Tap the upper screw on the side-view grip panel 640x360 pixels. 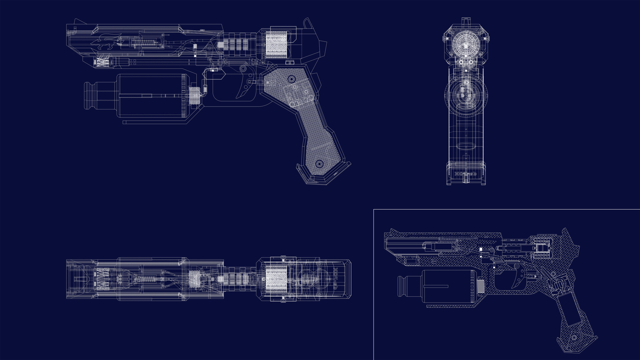click(292, 79)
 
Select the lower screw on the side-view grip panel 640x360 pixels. click(319, 164)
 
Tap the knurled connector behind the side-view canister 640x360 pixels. click(194, 95)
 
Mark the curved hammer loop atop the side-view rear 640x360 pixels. click(307, 23)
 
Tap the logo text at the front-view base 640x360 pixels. click(466, 174)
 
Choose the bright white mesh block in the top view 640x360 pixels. click(276, 279)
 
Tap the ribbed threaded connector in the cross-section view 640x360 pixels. click(480, 286)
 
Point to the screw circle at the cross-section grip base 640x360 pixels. click(574, 338)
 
